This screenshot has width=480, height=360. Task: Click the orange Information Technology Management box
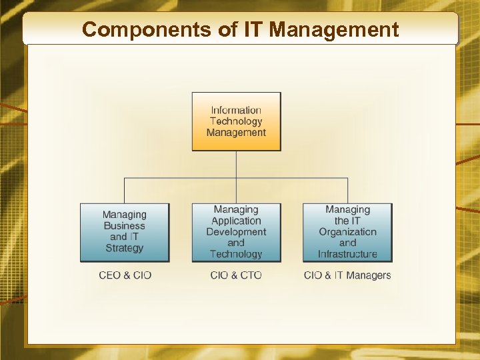[236, 121]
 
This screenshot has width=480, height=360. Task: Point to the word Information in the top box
[236, 110]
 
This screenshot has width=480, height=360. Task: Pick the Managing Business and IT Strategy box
[125, 232]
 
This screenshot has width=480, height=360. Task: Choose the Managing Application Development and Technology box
[236, 232]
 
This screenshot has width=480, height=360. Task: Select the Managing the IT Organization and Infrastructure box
[347, 232]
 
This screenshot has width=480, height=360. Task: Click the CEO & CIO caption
[125, 275]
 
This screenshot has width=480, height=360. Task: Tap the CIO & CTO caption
[236, 275]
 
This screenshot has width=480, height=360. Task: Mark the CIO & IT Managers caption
[347, 275]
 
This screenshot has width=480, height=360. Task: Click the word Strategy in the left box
[125, 249]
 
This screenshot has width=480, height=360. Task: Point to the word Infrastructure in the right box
[347, 254]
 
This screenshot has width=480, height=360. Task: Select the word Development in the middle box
[236, 232]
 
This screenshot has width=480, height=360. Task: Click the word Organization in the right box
[347, 232]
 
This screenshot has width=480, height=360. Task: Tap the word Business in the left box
[125, 226]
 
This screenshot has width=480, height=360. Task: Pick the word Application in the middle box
[236, 221]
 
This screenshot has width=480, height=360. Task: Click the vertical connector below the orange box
[236, 164]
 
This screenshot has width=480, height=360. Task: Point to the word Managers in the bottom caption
[369, 275]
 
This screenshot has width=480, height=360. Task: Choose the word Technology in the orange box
[236, 121]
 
